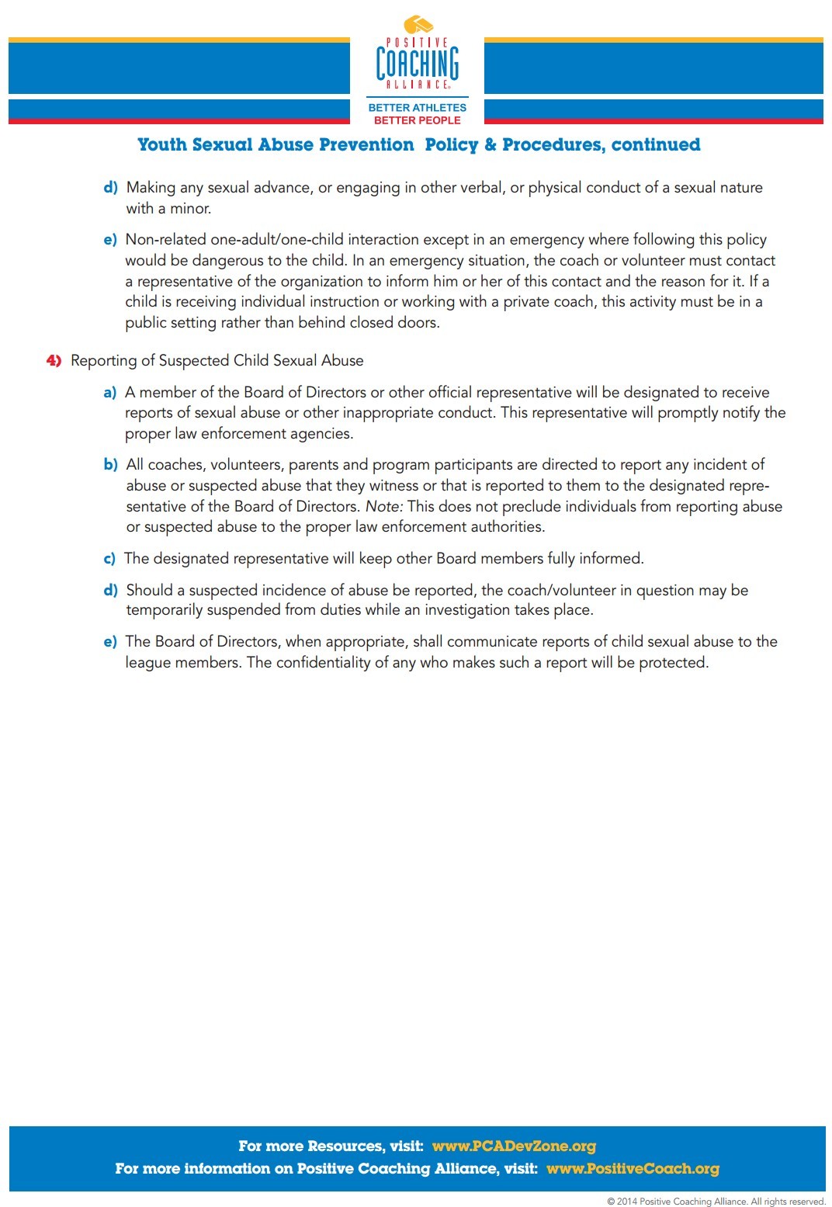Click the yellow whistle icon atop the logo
point(418,25)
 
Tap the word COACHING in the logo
point(418,63)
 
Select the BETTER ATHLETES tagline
point(418,108)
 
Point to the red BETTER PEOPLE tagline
point(418,120)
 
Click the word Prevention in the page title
point(366,144)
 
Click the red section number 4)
point(54,360)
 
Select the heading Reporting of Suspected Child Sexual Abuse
point(217,360)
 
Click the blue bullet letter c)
point(109,559)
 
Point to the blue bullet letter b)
point(110,465)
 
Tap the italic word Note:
point(384,506)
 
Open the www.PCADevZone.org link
point(514,1146)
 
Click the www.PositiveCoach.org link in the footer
point(633,1168)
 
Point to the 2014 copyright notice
point(716,1201)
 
